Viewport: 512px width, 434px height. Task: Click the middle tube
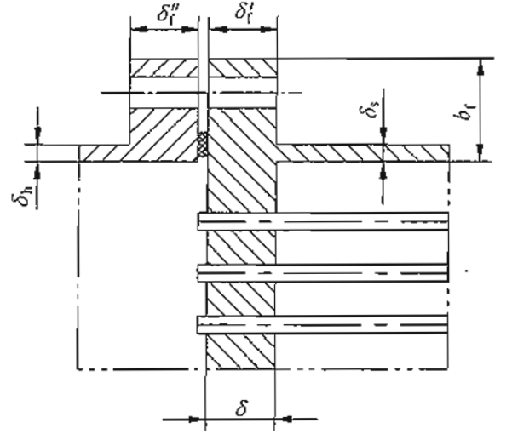pyautogui.click(x=324, y=272)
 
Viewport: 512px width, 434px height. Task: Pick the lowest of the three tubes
pyautogui.click(x=324, y=323)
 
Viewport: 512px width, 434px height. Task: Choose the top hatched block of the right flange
pyautogui.click(x=244, y=67)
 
